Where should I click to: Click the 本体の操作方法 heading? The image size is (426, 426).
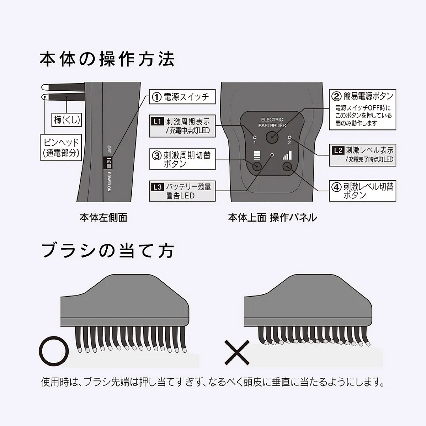[x=107, y=59]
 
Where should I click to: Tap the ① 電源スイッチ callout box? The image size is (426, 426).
[x=182, y=97]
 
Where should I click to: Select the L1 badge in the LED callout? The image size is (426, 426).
[x=157, y=121]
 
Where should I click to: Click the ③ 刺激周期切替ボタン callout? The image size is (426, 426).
[x=182, y=159]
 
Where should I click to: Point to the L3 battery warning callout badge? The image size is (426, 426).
[x=157, y=187]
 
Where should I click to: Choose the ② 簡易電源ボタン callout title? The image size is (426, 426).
[x=362, y=96]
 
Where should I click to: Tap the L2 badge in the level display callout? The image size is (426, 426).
[x=338, y=150]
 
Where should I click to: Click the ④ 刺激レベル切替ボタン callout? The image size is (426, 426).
[x=362, y=191]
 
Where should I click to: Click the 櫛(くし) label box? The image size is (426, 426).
[x=67, y=120]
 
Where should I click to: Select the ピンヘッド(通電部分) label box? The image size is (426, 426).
[x=61, y=147]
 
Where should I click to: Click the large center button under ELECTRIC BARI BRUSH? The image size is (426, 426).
[x=272, y=138]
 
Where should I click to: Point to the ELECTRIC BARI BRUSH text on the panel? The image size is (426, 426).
[x=272, y=123]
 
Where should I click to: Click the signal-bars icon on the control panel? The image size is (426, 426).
[x=287, y=155]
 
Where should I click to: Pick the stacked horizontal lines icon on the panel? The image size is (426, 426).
[x=257, y=155]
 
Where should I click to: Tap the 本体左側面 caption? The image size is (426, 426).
[x=103, y=218]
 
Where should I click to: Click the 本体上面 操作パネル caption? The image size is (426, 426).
[x=272, y=218]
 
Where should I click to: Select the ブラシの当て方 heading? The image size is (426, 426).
[x=107, y=250]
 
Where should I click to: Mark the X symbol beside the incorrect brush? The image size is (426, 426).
[x=237, y=352]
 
